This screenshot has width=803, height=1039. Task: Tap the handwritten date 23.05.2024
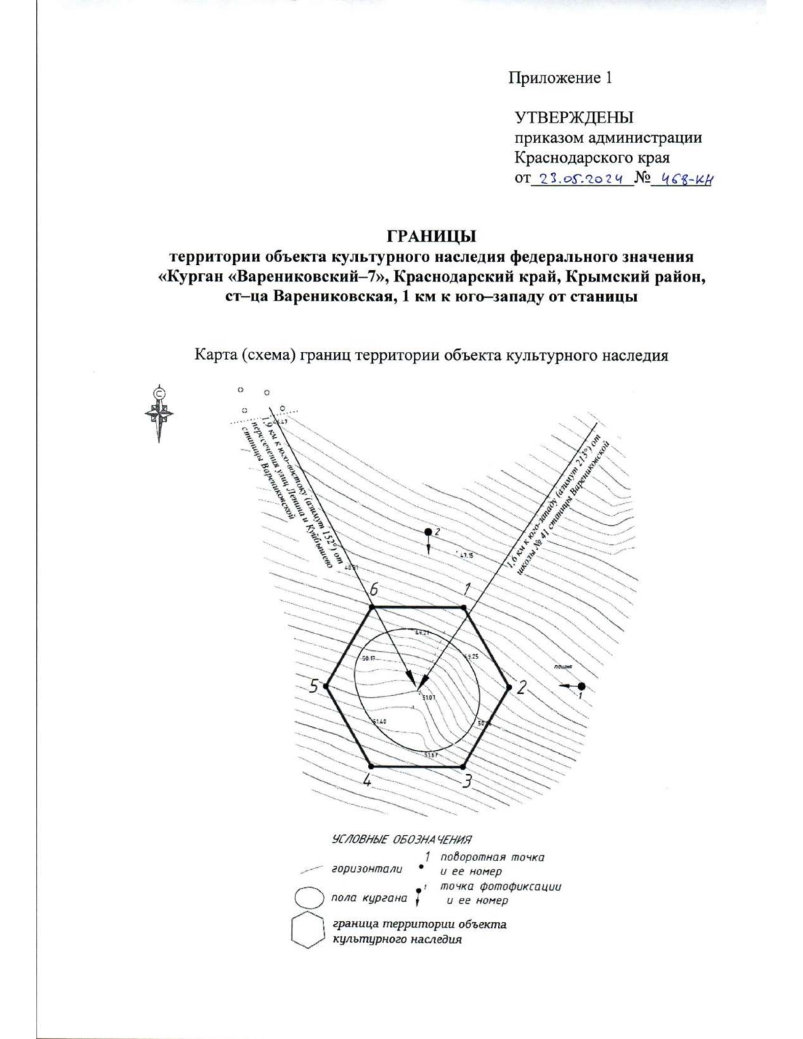580,179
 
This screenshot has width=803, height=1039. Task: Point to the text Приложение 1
561,78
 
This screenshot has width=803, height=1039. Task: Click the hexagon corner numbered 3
464,766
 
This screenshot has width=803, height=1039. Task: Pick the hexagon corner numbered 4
370,766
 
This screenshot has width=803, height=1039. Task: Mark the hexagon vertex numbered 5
325,686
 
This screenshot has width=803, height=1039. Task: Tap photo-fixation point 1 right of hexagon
582,686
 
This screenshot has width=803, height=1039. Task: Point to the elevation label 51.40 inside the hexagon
379,722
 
